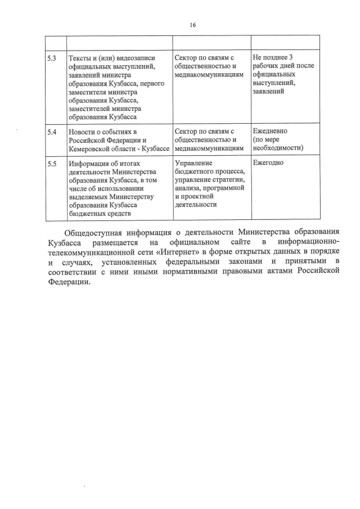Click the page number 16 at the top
[192, 25]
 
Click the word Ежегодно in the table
[269, 163]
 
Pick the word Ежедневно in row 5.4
[271, 131]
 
